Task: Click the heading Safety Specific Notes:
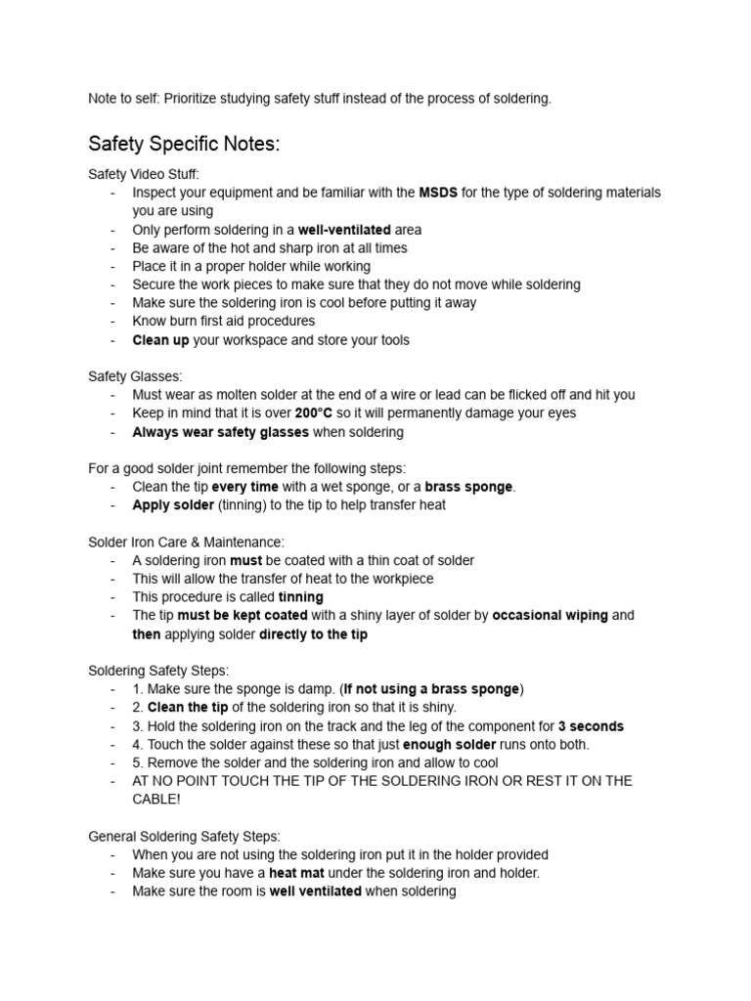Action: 184,145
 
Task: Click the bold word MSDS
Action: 437,193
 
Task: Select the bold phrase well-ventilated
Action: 344,230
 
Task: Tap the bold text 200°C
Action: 314,413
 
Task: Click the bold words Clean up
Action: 161,340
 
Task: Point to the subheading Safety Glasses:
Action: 135,376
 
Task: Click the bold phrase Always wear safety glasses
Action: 220,432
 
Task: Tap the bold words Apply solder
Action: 173,505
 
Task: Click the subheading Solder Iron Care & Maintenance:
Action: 186,542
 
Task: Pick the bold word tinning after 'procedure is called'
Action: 301,597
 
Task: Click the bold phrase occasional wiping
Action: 550,616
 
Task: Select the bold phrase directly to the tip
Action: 313,634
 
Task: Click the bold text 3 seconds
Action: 591,726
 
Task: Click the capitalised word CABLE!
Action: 156,799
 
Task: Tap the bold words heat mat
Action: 298,873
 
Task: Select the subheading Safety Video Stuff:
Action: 143,174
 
